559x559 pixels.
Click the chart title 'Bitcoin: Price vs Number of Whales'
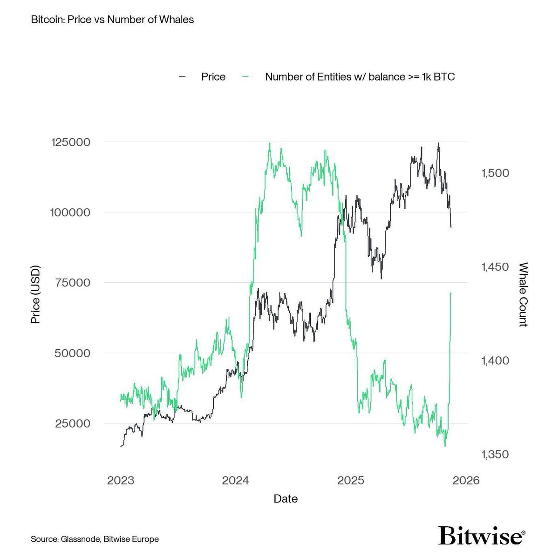point(112,20)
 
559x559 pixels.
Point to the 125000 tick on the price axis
point(69,142)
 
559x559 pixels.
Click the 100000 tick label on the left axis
point(69,212)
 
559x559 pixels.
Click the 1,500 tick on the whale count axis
point(495,173)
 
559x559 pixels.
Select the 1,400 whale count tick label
point(495,361)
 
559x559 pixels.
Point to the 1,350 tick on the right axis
point(495,455)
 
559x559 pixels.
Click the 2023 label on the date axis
point(121,481)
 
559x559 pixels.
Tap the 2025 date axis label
point(351,481)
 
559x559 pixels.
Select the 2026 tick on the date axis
point(466,481)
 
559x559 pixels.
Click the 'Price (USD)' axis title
point(35,294)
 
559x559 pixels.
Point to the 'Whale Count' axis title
point(523,294)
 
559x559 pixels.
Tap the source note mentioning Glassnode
point(95,539)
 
